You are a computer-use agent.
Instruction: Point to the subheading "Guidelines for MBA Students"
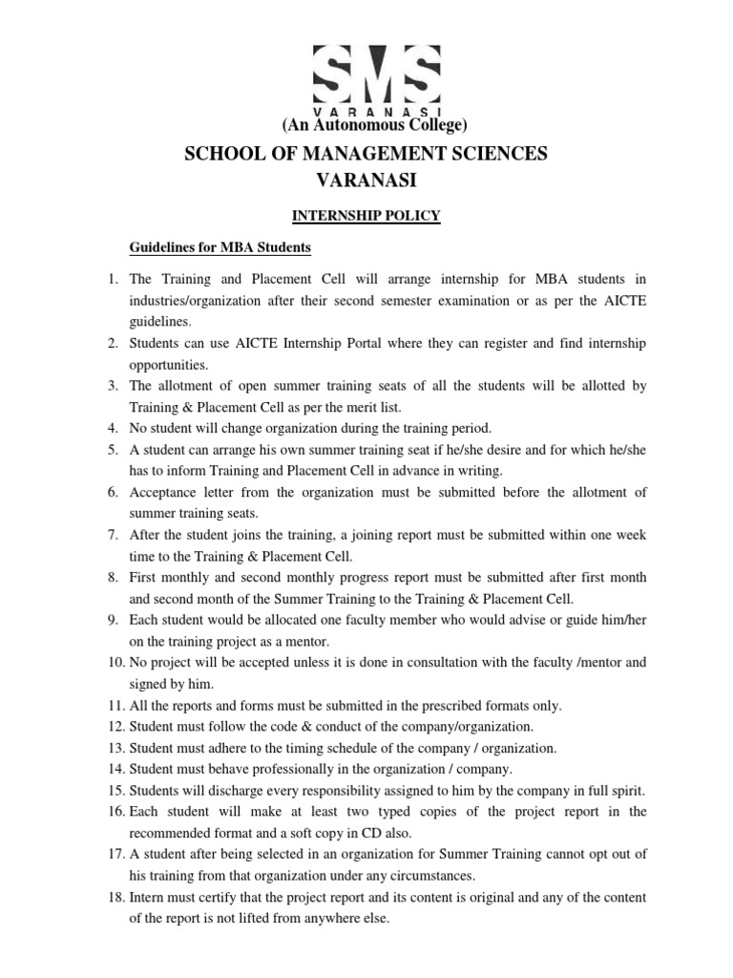tap(220, 248)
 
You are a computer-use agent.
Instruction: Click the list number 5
tap(111, 450)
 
